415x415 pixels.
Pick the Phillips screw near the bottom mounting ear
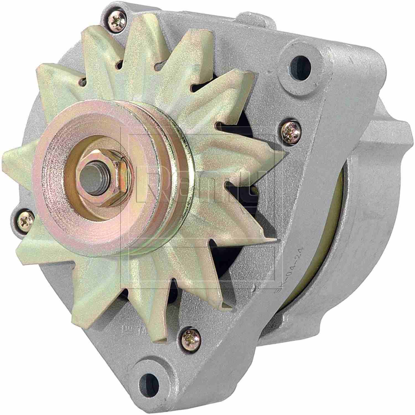191,336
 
